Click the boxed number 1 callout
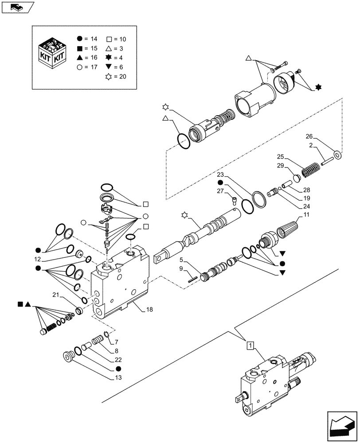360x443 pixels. [x=250, y=345]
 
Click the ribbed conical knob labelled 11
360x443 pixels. [x=288, y=231]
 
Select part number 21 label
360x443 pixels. [x=55, y=295]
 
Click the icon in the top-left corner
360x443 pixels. [x=17, y=7]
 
